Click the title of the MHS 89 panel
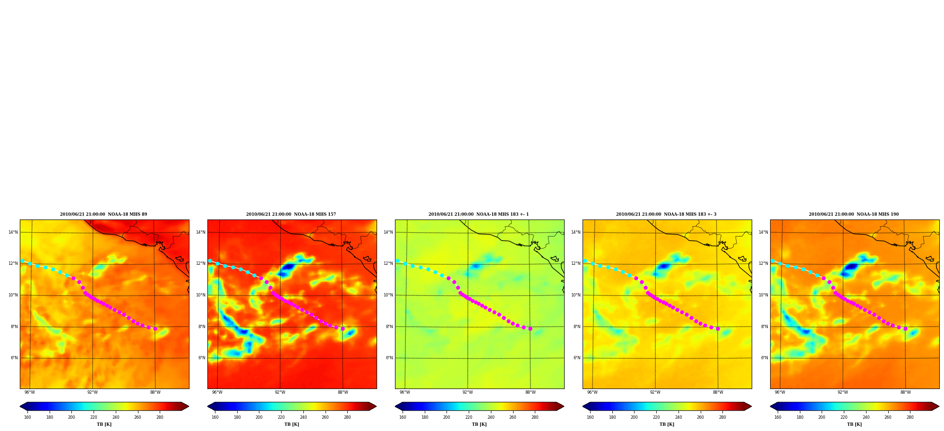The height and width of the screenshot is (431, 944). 103,214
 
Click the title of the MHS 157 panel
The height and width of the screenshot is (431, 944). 291,214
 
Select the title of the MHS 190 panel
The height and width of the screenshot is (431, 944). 854,214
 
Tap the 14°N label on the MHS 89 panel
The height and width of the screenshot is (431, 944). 13,232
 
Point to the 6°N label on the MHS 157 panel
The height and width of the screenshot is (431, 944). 202,358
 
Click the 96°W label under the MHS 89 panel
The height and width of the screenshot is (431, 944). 30,392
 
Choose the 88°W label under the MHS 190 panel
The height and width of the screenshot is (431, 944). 905,392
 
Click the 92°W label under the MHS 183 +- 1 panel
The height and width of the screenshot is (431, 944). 468,392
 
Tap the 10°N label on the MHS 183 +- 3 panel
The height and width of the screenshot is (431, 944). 576,295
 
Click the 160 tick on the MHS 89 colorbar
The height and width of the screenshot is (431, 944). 27,417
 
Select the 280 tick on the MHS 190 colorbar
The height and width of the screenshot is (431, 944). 910,417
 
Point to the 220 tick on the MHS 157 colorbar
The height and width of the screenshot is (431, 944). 281,417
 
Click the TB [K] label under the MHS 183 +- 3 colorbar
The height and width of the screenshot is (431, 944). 667,424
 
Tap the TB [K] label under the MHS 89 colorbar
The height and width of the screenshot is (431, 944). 104,424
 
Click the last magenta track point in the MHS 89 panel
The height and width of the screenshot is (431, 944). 155,329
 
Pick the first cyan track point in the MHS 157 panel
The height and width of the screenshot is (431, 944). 210,261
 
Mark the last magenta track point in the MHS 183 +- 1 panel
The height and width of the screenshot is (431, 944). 530,329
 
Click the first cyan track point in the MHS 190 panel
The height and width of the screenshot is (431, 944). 772,261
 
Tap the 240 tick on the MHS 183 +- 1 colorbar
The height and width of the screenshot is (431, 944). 491,417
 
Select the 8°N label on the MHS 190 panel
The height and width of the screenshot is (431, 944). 764,327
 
